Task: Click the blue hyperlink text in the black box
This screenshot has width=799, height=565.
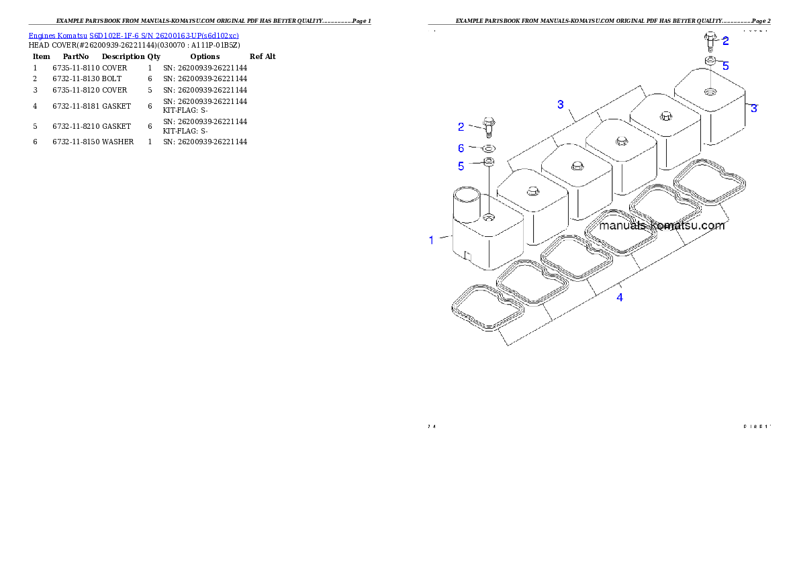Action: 134,36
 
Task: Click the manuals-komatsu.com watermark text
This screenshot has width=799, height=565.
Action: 661,225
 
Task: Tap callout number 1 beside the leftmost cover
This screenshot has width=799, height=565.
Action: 432,240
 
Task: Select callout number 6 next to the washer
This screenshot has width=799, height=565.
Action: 461,148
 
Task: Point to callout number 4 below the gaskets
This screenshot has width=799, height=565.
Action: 620,297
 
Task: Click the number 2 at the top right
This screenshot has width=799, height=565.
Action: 726,41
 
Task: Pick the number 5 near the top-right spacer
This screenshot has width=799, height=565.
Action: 726,66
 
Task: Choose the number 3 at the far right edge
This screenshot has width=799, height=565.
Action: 754,108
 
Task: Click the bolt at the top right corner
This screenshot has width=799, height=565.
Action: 710,40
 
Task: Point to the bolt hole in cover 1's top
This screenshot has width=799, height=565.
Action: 489,217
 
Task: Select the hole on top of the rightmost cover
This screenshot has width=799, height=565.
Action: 710,91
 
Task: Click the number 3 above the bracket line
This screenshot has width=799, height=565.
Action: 561,105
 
